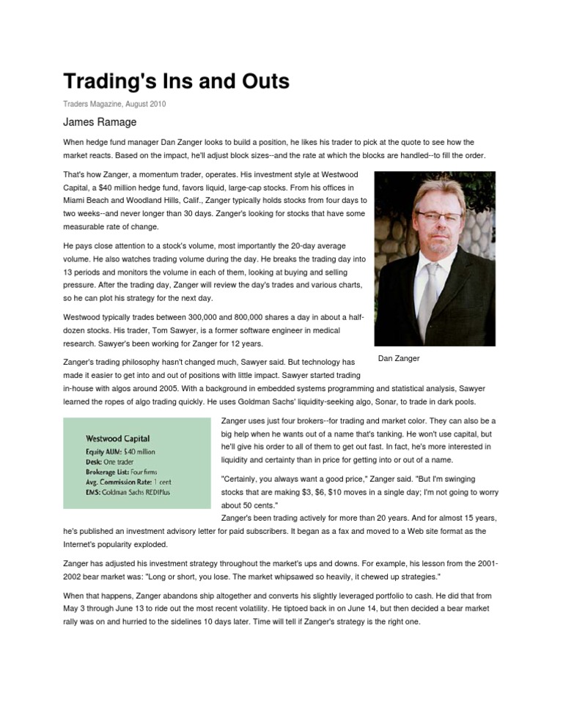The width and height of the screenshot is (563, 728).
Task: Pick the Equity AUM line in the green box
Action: pos(121,453)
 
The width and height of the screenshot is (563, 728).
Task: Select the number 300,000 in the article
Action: pos(216,316)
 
